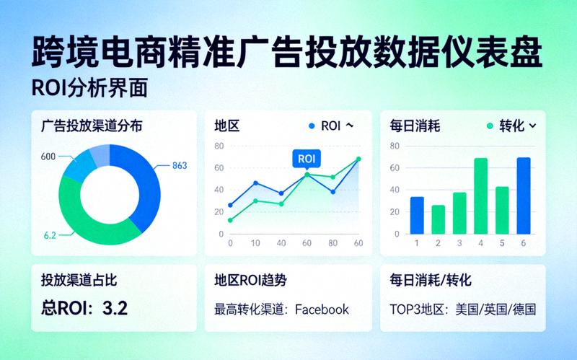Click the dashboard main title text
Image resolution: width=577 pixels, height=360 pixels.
click(x=288, y=52)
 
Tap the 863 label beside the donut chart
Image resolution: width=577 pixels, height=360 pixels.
click(x=180, y=166)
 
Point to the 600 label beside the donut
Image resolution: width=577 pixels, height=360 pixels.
click(x=48, y=157)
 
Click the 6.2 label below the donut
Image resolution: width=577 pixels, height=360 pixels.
click(x=50, y=235)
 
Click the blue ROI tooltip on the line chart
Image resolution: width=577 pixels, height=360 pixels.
click(x=307, y=159)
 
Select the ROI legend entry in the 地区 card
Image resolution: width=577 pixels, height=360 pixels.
click(x=330, y=126)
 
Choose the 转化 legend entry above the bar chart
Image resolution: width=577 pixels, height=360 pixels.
click(x=511, y=126)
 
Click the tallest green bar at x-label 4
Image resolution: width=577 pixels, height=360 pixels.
click(x=480, y=196)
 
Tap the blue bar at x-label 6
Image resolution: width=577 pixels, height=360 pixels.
click(x=524, y=196)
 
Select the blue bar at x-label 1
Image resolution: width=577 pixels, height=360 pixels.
click(x=417, y=215)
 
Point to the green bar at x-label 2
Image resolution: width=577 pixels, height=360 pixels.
click(x=439, y=219)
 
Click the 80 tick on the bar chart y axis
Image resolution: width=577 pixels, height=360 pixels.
click(x=395, y=146)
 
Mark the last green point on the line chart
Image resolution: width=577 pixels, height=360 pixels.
click(x=358, y=159)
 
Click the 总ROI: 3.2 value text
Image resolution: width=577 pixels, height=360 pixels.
click(x=84, y=309)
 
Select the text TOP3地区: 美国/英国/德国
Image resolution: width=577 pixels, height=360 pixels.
click(x=462, y=309)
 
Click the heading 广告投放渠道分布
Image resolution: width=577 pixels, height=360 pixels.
click(x=92, y=126)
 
